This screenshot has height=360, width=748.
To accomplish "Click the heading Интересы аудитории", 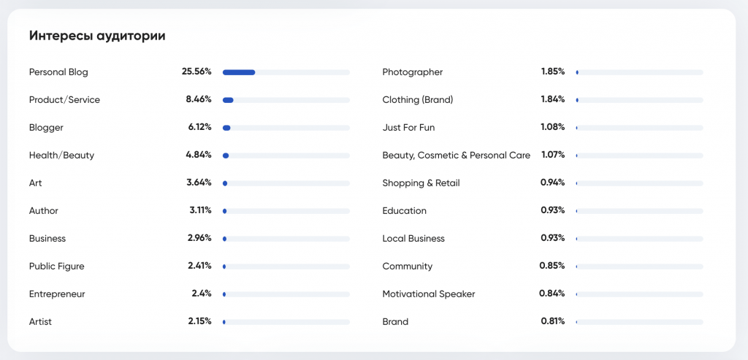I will point(97,36).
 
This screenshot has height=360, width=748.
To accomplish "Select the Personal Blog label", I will point(58,72).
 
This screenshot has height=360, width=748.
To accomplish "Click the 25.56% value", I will point(196,72).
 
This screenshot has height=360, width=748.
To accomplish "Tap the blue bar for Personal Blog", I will point(239,72).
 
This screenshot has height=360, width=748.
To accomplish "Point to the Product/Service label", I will point(64,100).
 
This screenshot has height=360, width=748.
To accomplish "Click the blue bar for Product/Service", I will point(228,100).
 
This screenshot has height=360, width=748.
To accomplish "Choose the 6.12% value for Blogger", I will point(199,127).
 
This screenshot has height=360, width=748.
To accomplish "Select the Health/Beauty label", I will point(61,156).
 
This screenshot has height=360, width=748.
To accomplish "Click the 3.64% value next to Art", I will point(199,183).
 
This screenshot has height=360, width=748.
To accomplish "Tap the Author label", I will point(44,211).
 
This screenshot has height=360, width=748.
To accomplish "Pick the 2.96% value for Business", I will point(199,238).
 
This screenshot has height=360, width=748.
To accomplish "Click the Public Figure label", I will point(56,267).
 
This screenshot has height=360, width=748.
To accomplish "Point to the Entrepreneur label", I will point(57,294).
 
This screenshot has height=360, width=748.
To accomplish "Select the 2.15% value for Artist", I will point(199,321).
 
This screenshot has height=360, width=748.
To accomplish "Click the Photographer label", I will point(413,72).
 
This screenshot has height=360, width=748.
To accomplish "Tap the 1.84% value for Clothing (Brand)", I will point(553,99).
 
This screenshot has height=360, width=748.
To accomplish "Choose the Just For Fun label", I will point(408,128).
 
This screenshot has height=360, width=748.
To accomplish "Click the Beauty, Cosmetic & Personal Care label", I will point(457,156).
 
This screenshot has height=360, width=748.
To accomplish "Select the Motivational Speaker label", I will point(429,294).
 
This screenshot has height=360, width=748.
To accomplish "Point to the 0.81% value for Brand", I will point(553,321).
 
